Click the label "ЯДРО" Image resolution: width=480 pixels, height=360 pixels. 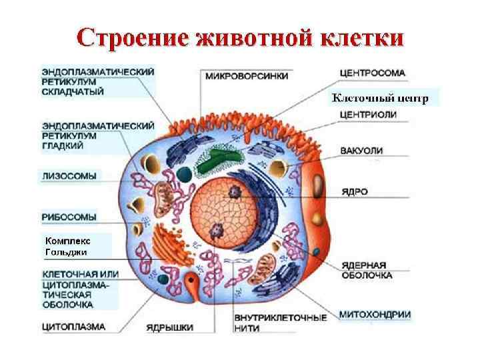point(352,191)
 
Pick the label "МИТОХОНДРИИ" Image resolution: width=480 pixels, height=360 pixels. point(375,314)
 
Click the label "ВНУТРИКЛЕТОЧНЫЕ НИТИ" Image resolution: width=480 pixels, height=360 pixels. point(281,323)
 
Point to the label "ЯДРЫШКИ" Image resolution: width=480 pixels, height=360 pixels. point(171,327)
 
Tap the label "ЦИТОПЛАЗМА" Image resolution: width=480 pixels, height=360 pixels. point(74,327)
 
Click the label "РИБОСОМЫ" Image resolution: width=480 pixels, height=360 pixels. point(69,217)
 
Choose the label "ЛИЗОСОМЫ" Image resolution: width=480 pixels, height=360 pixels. point(69,176)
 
